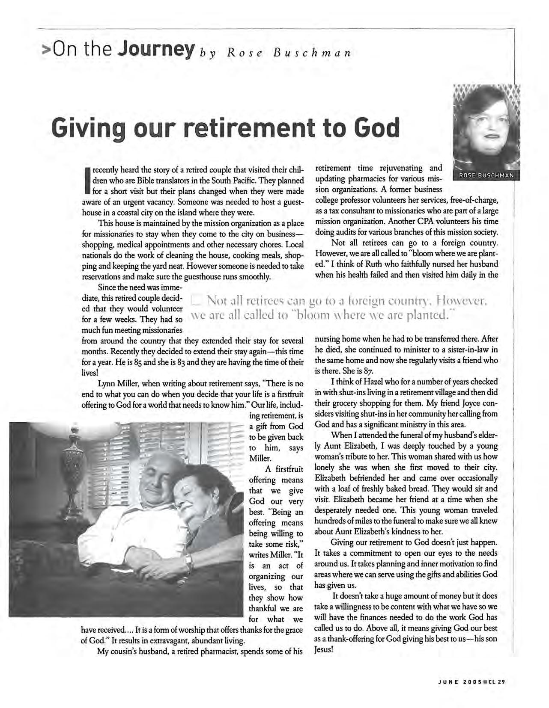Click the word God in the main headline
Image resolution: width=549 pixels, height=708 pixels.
[376, 127]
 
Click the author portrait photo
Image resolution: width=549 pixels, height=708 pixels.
[486, 128]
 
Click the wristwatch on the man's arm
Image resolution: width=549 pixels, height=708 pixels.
[187, 562]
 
